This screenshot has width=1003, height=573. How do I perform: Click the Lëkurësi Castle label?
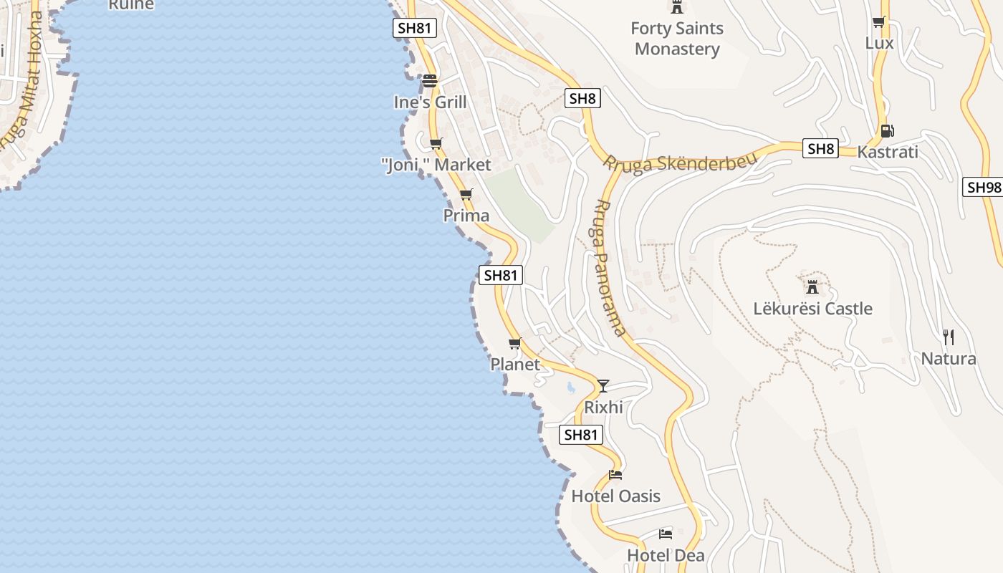812,309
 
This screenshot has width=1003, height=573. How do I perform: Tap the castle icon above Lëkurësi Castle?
812,287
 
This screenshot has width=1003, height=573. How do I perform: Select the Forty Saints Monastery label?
677,39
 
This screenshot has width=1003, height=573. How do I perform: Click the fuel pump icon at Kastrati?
887,131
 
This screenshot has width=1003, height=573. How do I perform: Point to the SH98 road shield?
983,187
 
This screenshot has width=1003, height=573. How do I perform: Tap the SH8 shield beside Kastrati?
820,149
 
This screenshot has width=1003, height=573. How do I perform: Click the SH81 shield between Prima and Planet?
500,275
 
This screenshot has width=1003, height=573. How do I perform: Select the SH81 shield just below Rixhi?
580,435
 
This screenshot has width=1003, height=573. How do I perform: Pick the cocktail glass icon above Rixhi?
603,386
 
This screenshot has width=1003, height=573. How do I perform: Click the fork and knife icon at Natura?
949,337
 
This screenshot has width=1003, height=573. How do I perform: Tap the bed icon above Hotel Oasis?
615,474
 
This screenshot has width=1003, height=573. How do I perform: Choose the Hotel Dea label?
666,555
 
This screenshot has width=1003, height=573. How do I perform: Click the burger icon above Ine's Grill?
430,81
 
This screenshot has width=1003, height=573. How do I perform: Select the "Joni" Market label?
436,165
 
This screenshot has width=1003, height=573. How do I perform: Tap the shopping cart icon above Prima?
466,194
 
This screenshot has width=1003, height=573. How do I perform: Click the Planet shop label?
515,365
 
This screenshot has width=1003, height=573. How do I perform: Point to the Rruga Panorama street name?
610,267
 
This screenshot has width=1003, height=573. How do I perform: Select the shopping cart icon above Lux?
879,22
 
